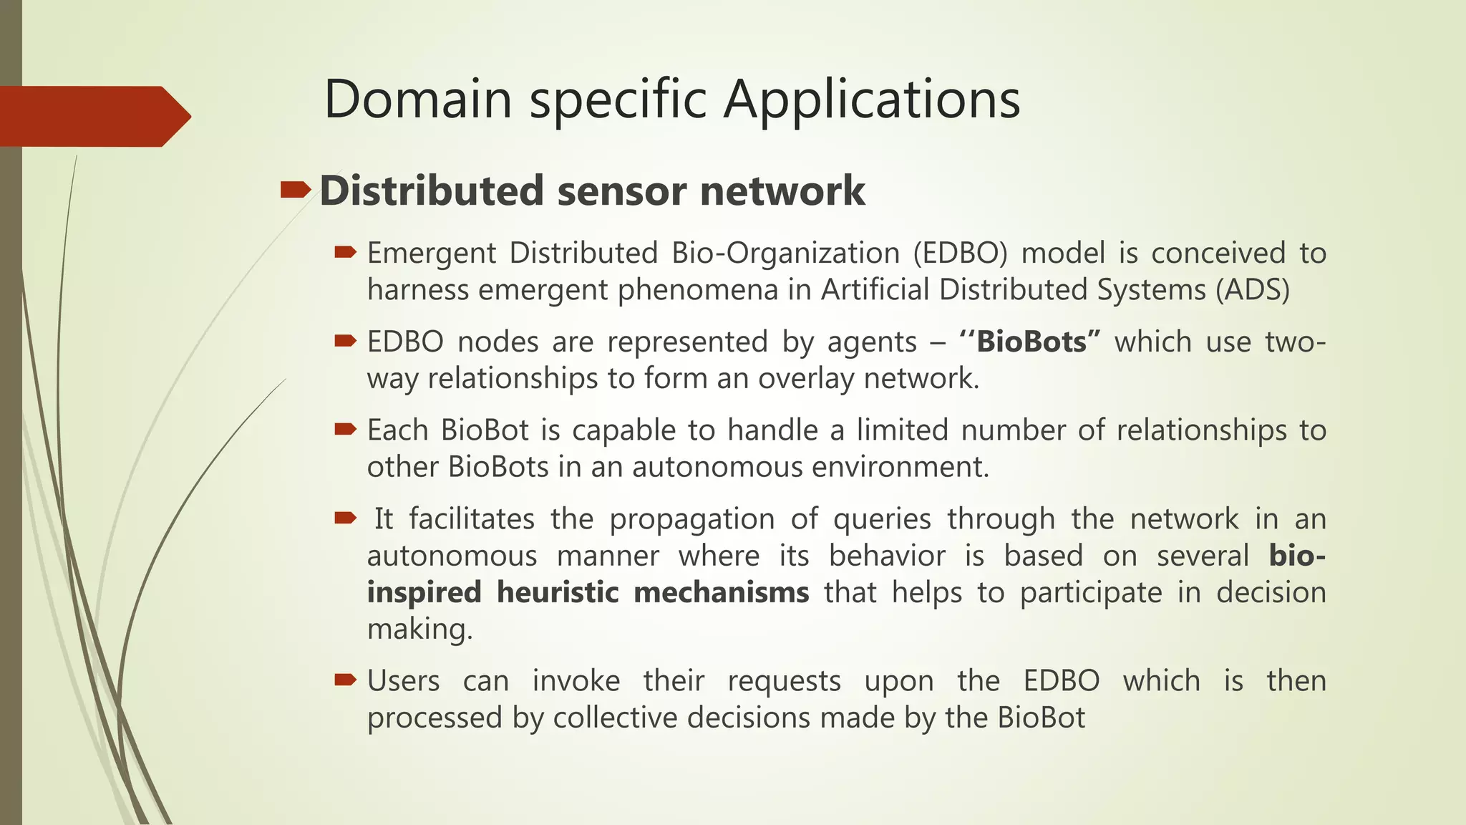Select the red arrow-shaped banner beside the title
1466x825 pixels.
pos(93,116)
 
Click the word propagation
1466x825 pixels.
pos(691,519)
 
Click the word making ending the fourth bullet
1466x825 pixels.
pos(419,629)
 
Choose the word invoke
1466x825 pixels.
pos(576,681)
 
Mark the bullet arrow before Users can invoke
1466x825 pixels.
pos(345,679)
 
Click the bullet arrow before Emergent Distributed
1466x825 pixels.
pos(345,251)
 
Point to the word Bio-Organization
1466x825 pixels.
pos(785,254)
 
